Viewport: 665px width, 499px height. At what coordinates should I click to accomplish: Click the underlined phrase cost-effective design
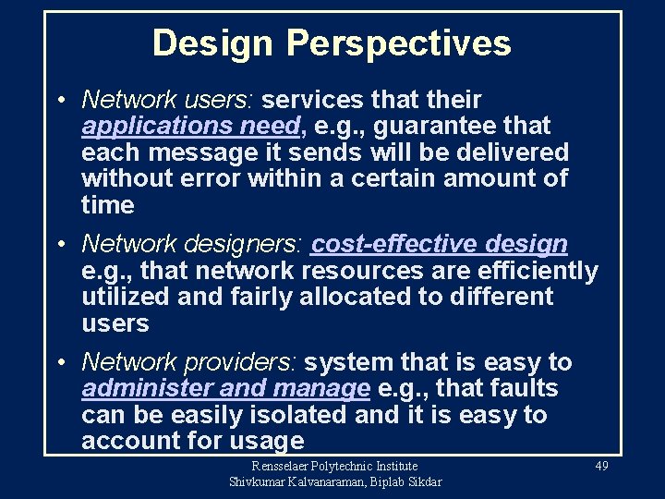click(x=440, y=244)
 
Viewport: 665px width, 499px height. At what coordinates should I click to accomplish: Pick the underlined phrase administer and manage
click(x=225, y=389)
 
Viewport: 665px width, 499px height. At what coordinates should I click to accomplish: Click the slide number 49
click(x=601, y=467)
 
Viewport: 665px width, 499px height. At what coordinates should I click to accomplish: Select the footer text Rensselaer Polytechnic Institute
click(x=335, y=467)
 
